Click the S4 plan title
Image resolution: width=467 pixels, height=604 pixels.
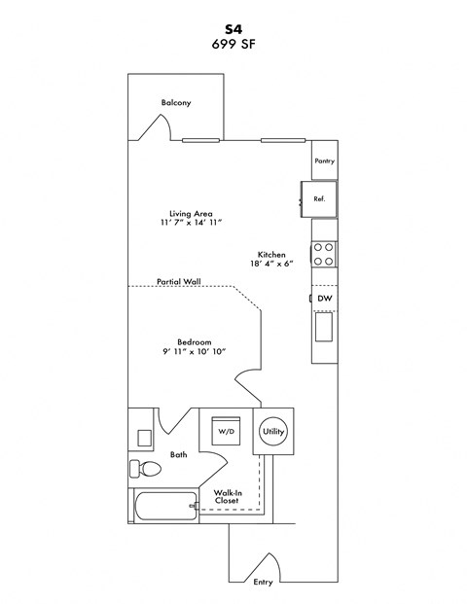point(233,28)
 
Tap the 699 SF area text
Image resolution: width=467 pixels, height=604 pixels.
point(233,44)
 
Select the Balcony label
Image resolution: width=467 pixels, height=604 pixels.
point(176,103)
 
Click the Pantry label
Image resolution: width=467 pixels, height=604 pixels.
point(324,161)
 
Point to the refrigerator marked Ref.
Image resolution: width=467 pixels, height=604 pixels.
point(318,197)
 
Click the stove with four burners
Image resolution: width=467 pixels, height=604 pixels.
point(324,254)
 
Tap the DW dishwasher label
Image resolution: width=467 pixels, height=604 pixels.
point(324,299)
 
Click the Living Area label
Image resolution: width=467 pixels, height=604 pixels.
point(191,212)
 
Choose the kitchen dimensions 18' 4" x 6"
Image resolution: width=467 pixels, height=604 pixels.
point(271,264)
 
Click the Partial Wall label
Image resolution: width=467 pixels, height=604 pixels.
point(178,281)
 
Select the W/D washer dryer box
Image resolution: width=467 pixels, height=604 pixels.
point(226,429)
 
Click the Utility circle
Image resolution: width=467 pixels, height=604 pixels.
point(272,429)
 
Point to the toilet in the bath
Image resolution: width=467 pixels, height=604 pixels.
point(147,470)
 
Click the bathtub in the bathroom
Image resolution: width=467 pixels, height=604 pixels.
point(161,506)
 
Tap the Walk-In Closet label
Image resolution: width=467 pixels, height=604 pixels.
point(228,497)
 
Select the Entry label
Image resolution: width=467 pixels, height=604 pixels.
point(263,583)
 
